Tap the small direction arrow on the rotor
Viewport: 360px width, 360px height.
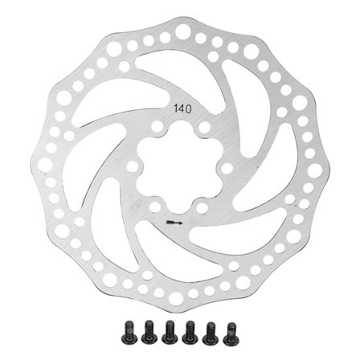pos(174,221)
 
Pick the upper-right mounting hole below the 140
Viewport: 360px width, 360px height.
pos(204,128)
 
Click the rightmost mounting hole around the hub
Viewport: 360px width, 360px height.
pos(227,168)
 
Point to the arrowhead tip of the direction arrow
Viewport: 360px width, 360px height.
pos(182,221)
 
